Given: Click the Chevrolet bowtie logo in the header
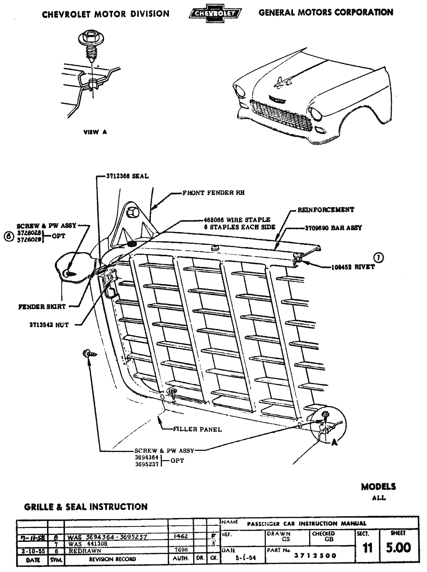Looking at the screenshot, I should [x=215, y=14].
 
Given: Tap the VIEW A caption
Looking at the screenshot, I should [x=95, y=132].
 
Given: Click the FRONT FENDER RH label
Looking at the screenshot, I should [x=214, y=192].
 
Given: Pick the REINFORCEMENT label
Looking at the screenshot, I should [x=326, y=210].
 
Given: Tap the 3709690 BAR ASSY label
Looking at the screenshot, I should [x=333, y=228].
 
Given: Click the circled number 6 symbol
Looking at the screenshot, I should [x=7, y=237].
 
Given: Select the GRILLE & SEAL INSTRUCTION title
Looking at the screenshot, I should [x=86, y=507].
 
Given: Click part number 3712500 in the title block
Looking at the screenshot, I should [x=316, y=555].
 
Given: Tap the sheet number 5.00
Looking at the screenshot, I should [x=398, y=548].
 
